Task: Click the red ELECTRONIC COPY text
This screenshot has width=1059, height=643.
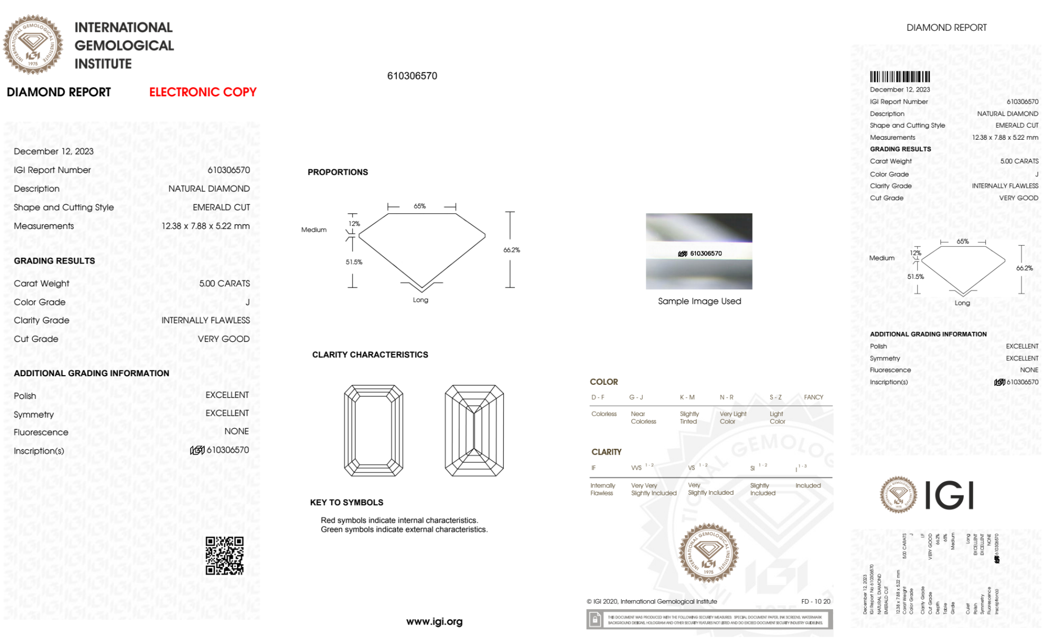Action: click(203, 92)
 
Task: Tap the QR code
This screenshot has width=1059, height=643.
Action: click(225, 556)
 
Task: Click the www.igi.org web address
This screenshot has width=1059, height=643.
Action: click(434, 621)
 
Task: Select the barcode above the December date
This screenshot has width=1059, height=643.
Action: click(900, 77)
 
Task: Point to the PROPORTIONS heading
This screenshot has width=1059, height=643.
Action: click(338, 172)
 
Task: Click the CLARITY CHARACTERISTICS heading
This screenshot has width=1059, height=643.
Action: click(370, 355)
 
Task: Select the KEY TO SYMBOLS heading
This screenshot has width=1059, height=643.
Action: click(347, 502)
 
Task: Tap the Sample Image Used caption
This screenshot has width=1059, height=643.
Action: click(699, 301)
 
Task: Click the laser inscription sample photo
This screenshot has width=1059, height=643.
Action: click(699, 251)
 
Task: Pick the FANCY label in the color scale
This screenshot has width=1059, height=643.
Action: click(813, 397)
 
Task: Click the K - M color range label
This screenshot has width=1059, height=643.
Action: click(687, 397)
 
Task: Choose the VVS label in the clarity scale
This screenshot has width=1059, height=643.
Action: click(637, 468)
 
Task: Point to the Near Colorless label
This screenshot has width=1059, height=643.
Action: click(643, 418)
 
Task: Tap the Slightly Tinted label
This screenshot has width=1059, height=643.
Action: click(689, 418)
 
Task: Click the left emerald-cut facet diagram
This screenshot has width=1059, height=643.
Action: click(374, 430)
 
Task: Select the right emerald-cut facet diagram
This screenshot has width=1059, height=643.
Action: click(474, 430)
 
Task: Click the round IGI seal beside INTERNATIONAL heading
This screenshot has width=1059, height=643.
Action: click(33, 44)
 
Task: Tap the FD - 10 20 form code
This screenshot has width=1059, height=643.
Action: click(816, 601)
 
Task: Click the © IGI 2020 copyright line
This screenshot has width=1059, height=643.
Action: click(651, 601)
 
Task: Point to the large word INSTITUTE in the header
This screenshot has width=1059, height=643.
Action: click(103, 64)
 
